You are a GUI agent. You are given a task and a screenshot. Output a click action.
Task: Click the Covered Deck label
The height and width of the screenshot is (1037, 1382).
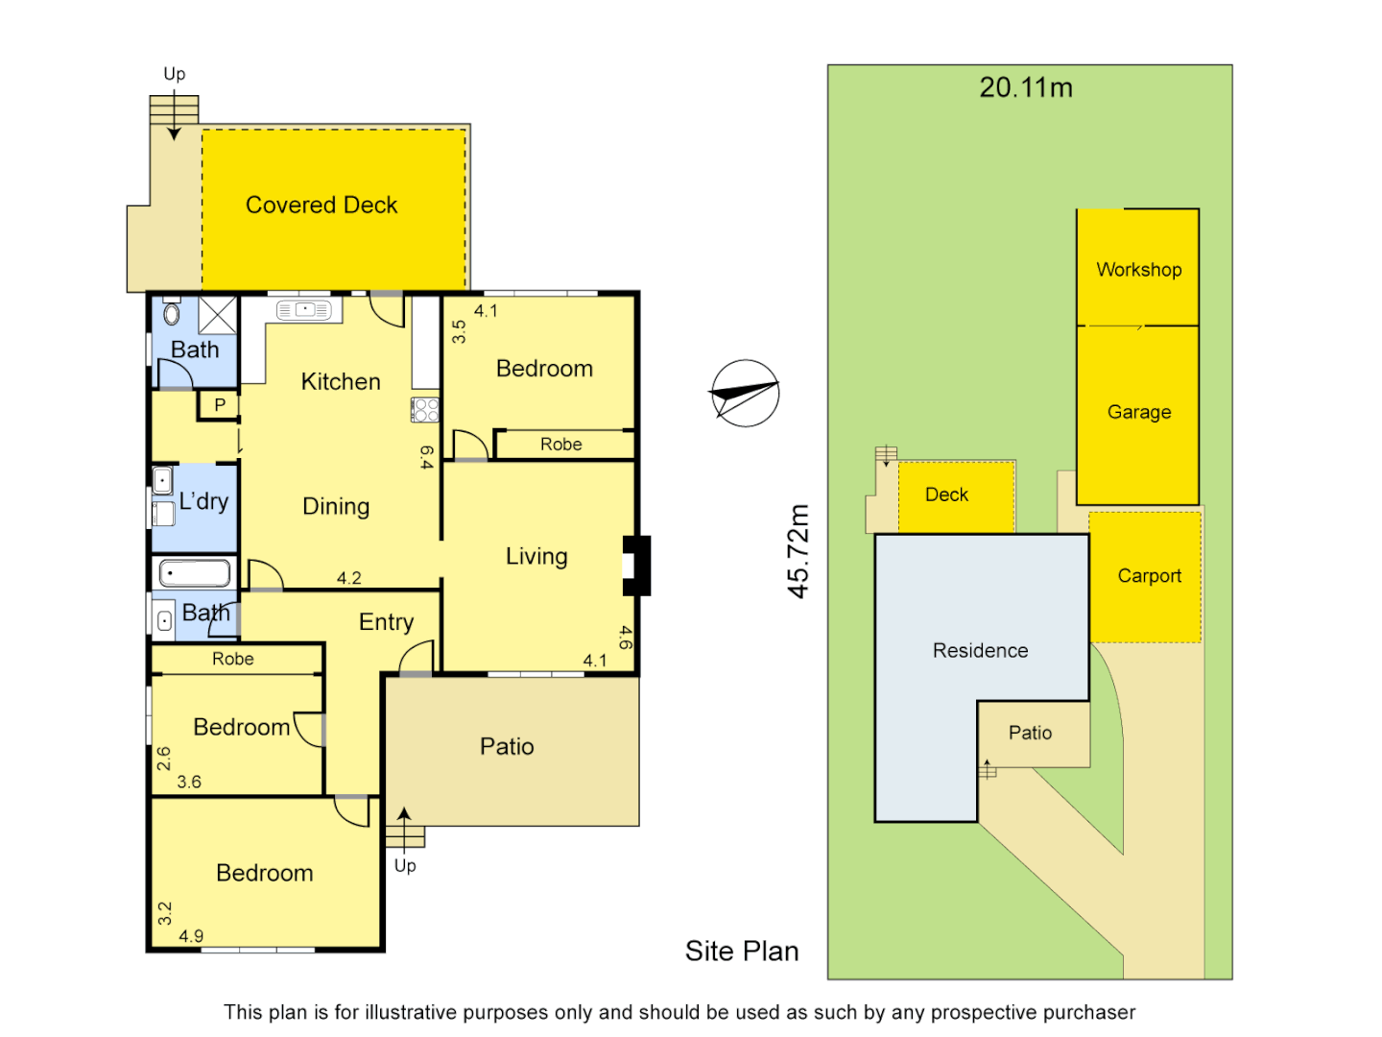click(322, 205)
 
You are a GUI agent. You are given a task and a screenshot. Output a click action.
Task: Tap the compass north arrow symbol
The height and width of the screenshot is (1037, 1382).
click(745, 393)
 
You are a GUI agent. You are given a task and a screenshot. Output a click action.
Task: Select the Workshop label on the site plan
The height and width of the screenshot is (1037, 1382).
click(1139, 270)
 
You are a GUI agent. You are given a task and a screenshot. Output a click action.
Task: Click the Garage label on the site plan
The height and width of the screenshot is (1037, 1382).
click(1139, 412)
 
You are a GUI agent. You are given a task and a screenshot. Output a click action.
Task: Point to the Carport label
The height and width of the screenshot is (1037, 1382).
click(1149, 576)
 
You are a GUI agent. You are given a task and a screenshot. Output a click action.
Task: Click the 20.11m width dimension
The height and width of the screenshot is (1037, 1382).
click(1026, 88)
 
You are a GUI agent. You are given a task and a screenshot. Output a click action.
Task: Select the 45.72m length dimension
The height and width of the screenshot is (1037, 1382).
click(798, 551)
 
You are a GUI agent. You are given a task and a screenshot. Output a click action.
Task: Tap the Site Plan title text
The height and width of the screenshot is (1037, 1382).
click(742, 951)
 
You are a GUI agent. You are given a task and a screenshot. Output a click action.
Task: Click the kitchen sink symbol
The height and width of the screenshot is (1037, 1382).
click(303, 310)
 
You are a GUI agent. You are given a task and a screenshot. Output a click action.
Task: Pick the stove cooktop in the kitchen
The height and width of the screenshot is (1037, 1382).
click(425, 410)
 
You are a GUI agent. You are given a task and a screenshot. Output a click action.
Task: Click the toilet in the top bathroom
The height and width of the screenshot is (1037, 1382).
click(172, 313)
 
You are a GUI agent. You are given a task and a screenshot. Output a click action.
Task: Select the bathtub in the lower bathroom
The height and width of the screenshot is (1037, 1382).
click(195, 574)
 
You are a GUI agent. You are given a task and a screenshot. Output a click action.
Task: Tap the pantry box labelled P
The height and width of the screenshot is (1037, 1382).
click(220, 405)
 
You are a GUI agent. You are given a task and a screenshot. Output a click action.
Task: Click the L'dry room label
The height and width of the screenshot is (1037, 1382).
click(203, 501)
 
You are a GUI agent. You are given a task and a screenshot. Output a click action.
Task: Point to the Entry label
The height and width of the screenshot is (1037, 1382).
click(386, 622)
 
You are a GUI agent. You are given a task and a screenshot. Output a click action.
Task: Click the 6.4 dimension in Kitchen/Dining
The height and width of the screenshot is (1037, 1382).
click(427, 457)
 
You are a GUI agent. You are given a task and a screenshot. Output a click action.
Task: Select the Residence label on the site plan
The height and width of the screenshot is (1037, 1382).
click(980, 651)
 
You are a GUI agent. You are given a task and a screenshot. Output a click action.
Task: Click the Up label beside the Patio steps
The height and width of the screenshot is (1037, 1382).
click(405, 866)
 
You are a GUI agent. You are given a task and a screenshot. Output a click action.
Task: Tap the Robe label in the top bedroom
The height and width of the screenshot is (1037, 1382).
click(560, 445)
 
